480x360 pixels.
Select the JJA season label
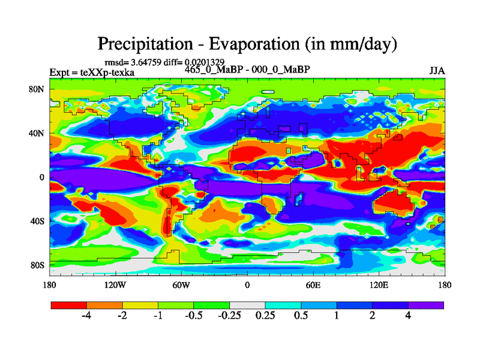tap(437, 70)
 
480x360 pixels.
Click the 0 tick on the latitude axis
tap(42, 177)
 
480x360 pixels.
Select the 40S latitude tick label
tap(37, 221)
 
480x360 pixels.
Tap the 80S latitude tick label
tap(37, 265)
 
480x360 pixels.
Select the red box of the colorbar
tap(69, 305)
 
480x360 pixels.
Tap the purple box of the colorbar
tap(426, 305)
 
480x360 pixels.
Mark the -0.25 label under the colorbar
tap(229, 316)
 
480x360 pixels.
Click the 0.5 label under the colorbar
tap(301, 316)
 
